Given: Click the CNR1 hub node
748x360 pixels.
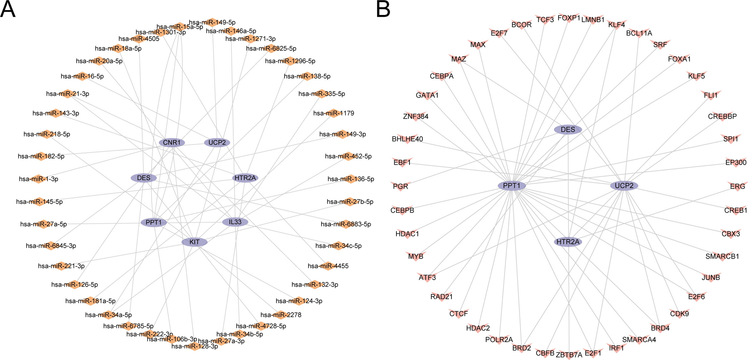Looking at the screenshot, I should (172, 143).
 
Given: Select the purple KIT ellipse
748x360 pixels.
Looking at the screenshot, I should (194, 242).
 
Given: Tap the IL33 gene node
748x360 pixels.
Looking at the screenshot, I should (235, 222).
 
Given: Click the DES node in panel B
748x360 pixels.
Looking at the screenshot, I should (568, 129).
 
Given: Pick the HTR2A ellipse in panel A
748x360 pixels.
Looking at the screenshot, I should (245, 178).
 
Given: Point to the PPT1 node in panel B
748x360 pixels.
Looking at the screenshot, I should (512, 186).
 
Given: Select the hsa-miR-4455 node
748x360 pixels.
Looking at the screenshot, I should (328, 266).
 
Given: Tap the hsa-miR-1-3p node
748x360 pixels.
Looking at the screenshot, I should (39, 179).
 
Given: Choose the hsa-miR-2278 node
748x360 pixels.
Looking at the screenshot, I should (281, 315).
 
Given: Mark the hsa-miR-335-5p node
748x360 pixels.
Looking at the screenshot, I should (322, 94).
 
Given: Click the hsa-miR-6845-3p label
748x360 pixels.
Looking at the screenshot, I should (51, 246).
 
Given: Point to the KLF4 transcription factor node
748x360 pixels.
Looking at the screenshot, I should (616, 25).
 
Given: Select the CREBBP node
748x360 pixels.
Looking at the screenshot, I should (722, 116).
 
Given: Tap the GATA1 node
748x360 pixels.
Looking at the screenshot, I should (427, 95).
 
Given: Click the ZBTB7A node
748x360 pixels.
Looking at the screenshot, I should (569, 355).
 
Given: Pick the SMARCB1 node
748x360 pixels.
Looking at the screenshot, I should (722, 256).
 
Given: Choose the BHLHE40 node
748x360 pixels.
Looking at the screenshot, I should (407, 139).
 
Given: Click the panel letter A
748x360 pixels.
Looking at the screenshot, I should (8, 9).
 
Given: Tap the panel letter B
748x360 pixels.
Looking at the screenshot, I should (383, 9).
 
